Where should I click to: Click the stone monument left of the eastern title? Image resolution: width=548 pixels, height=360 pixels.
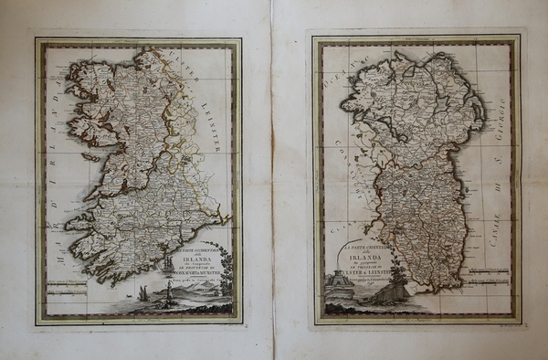pyautogui.click(x=339, y=288)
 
